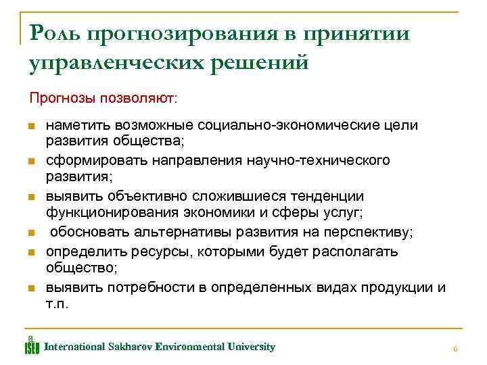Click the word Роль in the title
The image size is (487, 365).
tap(53, 34)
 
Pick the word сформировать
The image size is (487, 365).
tap(89, 161)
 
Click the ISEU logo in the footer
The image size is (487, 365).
tap(32, 345)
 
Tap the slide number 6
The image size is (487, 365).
tap(455, 349)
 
